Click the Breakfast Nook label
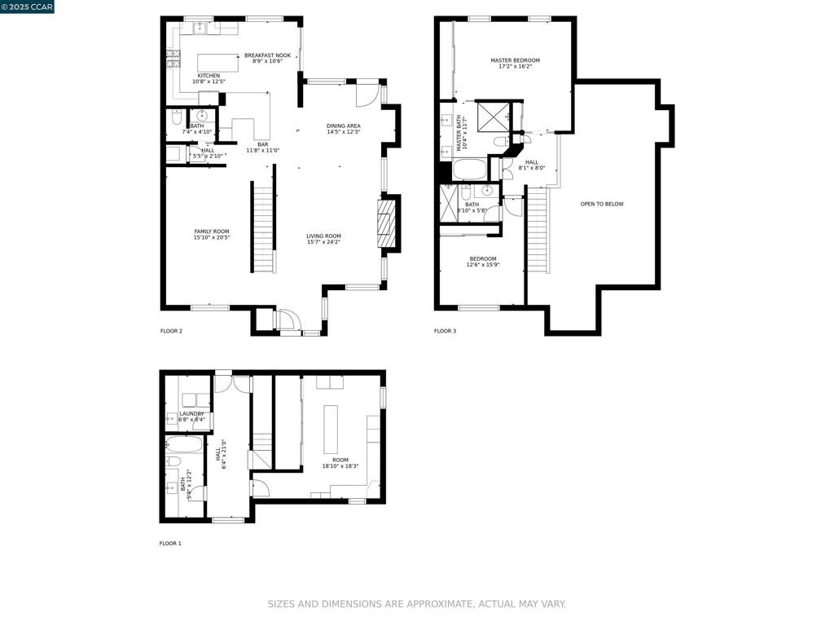click(x=267, y=58)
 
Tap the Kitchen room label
click(x=208, y=78)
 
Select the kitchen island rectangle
click(x=218, y=63)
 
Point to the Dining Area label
click(x=344, y=129)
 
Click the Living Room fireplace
click(x=385, y=223)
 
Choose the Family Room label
click(x=212, y=235)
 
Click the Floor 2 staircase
click(x=263, y=228)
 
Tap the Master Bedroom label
click(x=515, y=64)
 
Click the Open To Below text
click(x=602, y=204)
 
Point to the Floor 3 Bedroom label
click(x=482, y=262)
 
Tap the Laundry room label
click(x=191, y=417)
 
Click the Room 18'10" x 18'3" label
click(x=340, y=463)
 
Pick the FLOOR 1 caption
click(x=170, y=543)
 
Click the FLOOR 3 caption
click(x=445, y=331)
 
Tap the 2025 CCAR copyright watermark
click(x=27, y=7)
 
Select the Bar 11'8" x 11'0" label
click(x=262, y=148)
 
